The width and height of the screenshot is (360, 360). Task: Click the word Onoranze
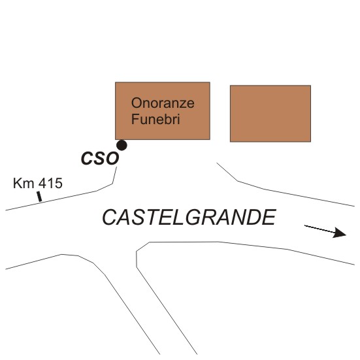click(163, 103)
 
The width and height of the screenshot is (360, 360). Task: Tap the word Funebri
click(155, 119)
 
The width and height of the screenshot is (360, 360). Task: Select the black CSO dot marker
click(122, 145)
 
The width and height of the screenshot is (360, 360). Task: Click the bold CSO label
click(100, 158)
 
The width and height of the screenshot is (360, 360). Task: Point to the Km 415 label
click(38, 183)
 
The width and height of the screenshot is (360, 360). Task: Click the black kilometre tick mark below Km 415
click(39, 197)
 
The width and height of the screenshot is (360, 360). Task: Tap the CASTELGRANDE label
click(189, 217)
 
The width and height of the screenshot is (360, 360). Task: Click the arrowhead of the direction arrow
click(339, 233)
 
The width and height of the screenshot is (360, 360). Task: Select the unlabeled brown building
click(270, 114)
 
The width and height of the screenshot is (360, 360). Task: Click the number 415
click(50, 183)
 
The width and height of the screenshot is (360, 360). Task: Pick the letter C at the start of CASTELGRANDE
click(110, 217)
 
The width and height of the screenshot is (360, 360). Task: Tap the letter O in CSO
click(112, 158)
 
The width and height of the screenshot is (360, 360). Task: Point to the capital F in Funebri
click(135, 119)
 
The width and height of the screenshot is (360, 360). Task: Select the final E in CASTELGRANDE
click(269, 217)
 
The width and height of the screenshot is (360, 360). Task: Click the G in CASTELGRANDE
click(193, 217)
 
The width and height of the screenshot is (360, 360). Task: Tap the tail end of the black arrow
click(304, 225)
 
